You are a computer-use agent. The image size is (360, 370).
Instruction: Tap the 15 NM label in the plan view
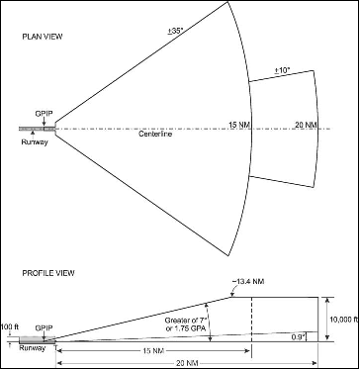click(x=238, y=124)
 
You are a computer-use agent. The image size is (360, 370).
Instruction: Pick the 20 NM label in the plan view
click(x=304, y=124)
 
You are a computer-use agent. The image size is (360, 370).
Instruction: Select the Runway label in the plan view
click(x=34, y=140)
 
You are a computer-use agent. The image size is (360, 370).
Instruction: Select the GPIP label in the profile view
click(x=44, y=327)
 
